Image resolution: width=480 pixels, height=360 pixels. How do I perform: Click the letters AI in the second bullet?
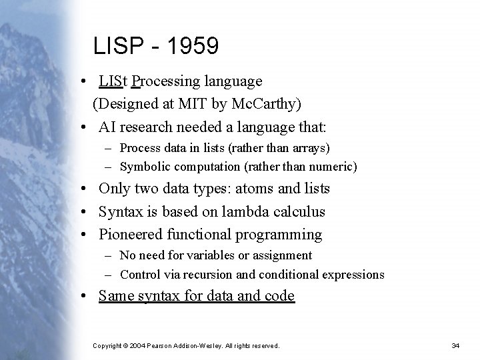[109, 126]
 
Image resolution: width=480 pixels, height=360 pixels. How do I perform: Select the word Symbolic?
[142, 166]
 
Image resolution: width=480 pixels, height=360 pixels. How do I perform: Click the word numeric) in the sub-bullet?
[335, 166]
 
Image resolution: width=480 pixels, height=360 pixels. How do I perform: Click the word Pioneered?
[131, 235]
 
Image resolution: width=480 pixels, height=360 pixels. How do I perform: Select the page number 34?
[456, 345]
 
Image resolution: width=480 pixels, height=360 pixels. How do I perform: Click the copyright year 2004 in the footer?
[137, 345]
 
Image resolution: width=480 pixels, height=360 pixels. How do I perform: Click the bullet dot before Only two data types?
[87, 189]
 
